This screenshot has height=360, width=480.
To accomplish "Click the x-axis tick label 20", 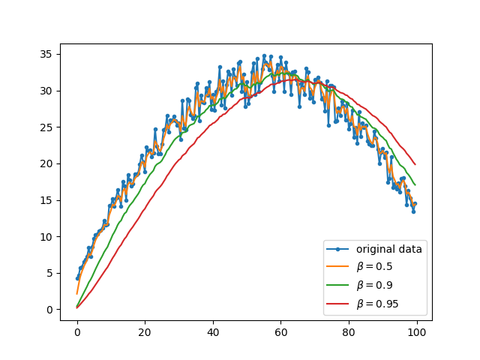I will pos(145,331).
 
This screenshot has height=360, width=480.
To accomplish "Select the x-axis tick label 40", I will pos(213,331).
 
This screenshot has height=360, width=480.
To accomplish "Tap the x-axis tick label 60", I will pos(280,331).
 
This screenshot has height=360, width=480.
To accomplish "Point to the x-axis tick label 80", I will pos(348,331).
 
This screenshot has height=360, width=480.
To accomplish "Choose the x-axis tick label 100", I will pos(415,331).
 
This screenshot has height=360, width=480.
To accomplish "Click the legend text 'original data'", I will pos(388,250).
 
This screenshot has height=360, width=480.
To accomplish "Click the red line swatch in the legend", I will pos(340,304).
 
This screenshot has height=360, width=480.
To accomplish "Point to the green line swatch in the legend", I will pos(340,286).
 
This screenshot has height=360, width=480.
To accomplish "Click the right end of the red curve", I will pos(415,164).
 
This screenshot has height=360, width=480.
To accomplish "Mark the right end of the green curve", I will pos(415,184).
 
